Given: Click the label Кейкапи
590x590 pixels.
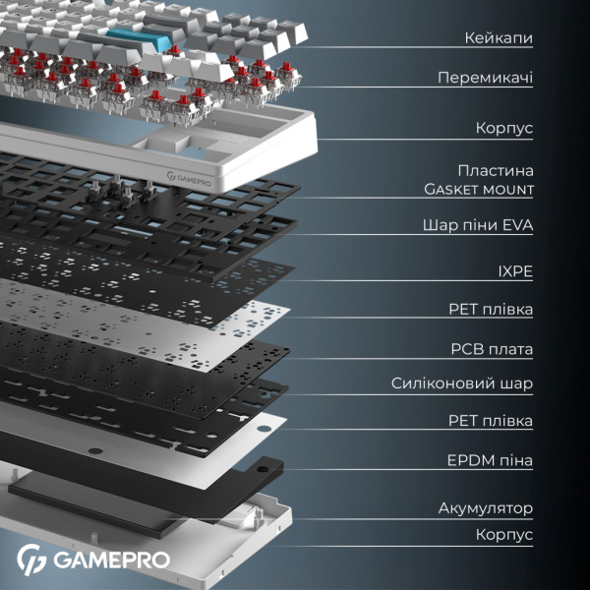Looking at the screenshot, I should click(499, 37).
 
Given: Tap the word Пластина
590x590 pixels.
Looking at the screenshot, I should click(496, 170).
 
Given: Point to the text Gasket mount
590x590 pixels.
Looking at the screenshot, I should click(479, 189).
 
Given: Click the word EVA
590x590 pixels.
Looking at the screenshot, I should click(516, 225).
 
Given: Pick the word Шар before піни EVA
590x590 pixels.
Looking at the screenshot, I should click(439, 225).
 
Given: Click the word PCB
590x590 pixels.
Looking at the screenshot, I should click(468, 348).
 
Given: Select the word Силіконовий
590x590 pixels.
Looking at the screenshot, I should click(442, 383).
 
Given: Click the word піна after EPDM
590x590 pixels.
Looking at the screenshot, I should click(515, 460).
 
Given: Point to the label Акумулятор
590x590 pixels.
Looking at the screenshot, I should click(486, 508).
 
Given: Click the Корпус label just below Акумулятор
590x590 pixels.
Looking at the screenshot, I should click(503, 535).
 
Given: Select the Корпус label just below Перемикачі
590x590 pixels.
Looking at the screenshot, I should click(503, 128).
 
